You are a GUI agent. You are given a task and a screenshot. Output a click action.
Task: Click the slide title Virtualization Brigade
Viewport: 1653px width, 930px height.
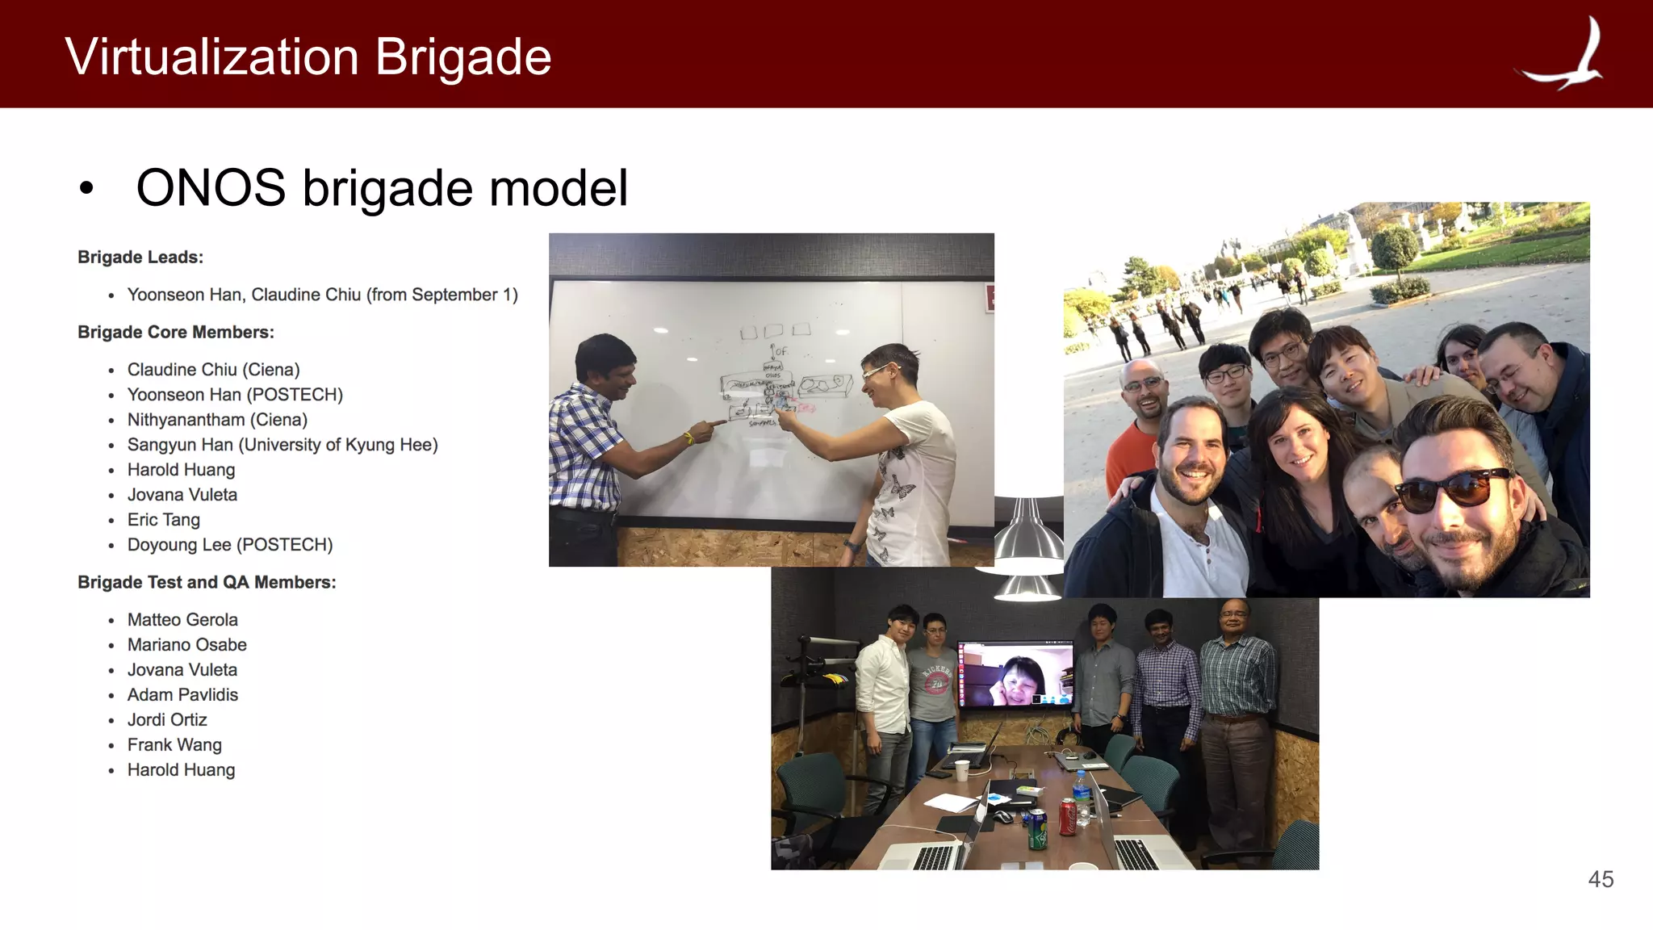308,57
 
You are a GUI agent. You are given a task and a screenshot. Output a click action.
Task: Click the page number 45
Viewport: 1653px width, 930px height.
1601,879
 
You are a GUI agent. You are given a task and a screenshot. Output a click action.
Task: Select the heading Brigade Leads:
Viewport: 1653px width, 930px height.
140,258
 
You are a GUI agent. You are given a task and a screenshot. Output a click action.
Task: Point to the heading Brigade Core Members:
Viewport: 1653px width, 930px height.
176,333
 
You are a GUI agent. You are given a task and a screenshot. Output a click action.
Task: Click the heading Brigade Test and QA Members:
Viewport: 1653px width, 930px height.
207,583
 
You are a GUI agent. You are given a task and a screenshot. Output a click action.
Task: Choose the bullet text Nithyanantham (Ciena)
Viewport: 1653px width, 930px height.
217,420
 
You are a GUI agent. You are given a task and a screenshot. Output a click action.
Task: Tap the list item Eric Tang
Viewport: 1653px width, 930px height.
164,520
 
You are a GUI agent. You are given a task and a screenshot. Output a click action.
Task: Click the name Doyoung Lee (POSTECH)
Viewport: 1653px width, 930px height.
230,545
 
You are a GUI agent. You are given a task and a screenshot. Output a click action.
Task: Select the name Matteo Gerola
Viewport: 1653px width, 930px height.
182,620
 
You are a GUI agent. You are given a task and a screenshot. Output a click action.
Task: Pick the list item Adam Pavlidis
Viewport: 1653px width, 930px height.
182,695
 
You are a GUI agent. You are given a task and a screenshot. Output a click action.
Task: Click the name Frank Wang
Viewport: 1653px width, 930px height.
174,745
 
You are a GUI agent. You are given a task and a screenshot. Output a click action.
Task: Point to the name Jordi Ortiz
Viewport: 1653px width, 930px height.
167,720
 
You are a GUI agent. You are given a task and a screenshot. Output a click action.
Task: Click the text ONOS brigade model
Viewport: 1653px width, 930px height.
382,188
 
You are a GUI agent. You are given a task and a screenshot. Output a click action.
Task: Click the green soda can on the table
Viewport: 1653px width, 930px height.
1037,830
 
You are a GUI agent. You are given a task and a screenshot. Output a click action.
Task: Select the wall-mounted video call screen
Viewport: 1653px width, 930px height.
1015,674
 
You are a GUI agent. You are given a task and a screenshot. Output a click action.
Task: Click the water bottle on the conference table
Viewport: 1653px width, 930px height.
1082,795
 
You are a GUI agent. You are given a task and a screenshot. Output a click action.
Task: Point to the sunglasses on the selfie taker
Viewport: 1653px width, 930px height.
1453,488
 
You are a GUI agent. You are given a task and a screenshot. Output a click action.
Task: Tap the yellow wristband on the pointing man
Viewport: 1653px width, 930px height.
688,438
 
